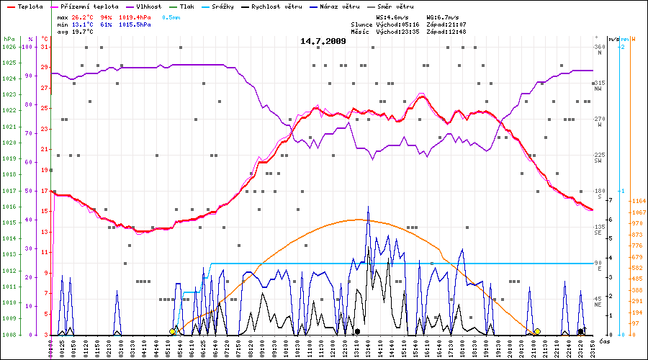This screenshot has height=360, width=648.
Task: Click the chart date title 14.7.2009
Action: tap(323, 41)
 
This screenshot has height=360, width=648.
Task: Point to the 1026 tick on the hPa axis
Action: tap(9, 47)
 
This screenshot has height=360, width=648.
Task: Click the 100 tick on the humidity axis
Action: tap(28, 47)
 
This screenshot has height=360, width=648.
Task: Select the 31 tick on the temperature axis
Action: tap(44, 47)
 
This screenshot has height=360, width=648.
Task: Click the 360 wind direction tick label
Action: tap(598, 47)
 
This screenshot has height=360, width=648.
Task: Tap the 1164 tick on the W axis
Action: tap(637, 200)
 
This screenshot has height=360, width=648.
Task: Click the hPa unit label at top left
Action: tap(9, 39)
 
